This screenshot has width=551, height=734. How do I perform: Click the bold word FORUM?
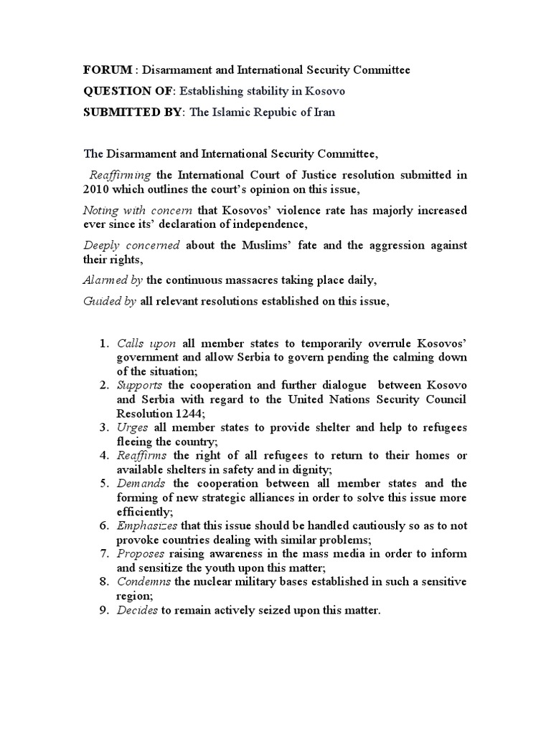(108, 70)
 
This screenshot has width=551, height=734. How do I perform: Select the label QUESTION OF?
(129, 91)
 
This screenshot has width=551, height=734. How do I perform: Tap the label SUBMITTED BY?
(133, 112)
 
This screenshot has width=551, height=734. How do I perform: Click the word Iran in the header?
(321, 112)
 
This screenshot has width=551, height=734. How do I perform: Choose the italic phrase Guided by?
(110, 302)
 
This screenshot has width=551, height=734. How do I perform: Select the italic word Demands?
(141, 483)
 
